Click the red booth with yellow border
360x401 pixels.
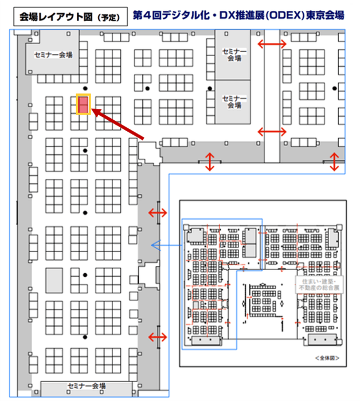coord(83,105)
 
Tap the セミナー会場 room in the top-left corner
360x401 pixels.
coord(53,56)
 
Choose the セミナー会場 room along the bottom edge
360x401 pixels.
coord(86,386)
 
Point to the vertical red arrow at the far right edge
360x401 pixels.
coord(335,162)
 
